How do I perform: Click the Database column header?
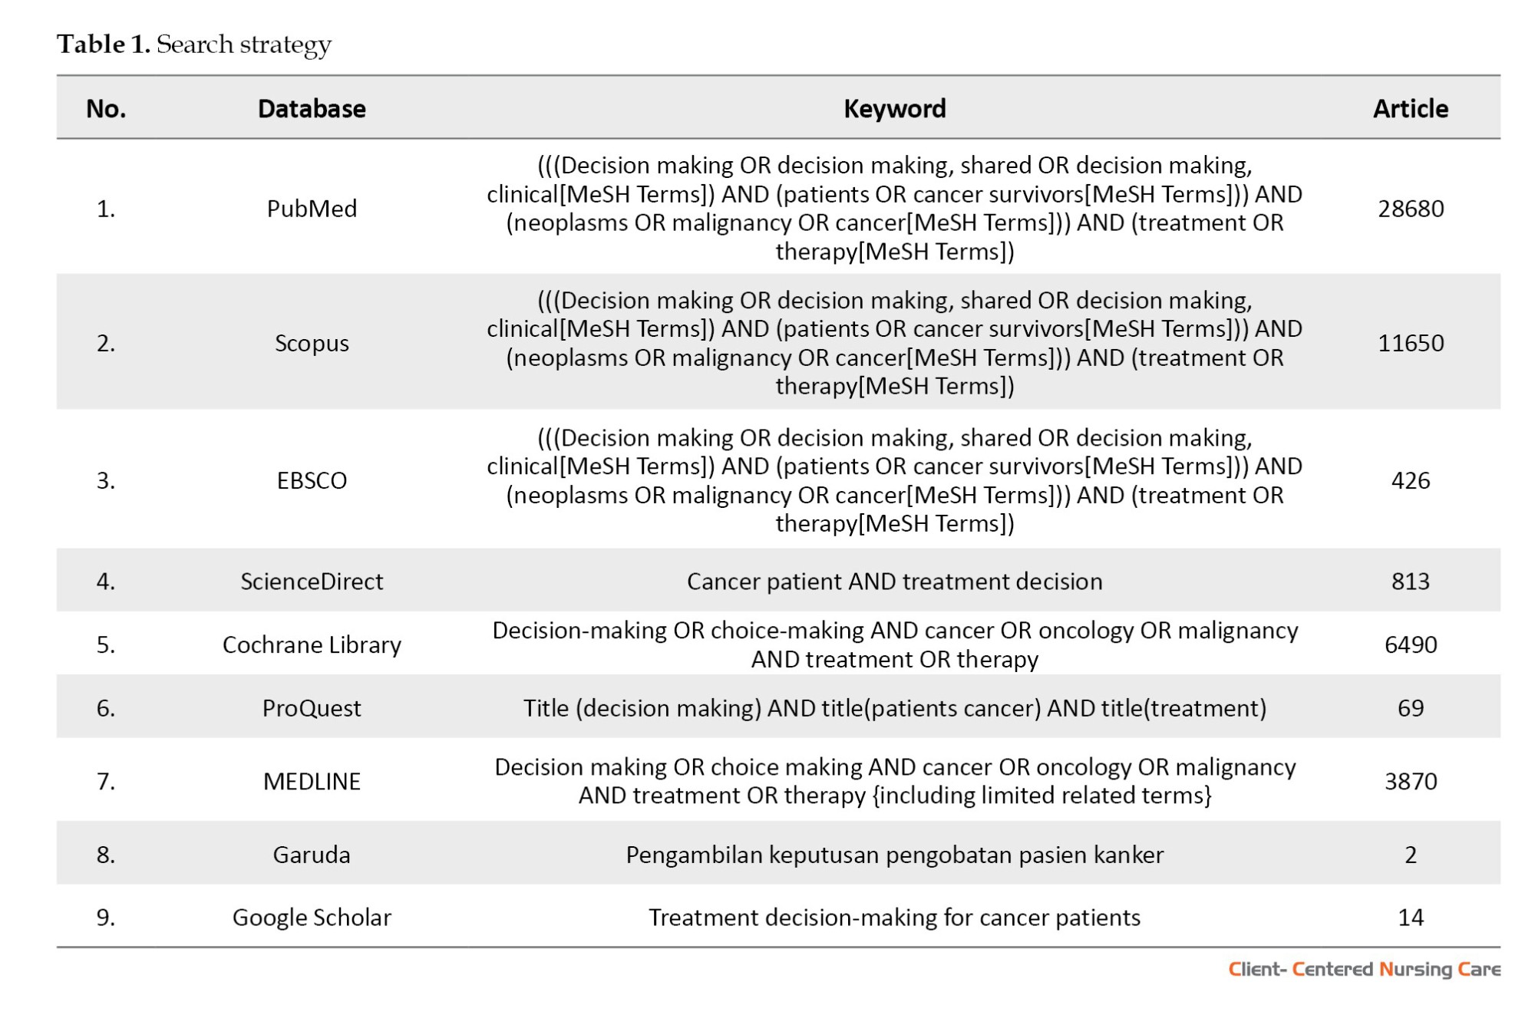tap(312, 109)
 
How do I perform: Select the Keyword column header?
tap(894, 109)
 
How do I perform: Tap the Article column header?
tap(1410, 109)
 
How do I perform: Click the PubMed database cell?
tap(312, 209)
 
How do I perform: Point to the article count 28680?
tap(1410, 209)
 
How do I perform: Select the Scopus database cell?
tap(312, 343)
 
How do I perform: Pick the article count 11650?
tap(1410, 343)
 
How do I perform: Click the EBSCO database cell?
tap(312, 480)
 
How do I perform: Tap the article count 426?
tap(1410, 480)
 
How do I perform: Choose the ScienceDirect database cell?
tap(312, 582)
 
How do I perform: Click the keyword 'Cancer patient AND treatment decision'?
tap(894, 582)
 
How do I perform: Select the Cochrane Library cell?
tap(312, 644)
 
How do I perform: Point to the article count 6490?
tap(1410, 644)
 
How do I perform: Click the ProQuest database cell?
tap(312, 708)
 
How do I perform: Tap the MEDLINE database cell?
tap(312, 781)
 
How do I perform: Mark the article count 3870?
tap(1410, 781)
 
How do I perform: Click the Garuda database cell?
tap(312, 855)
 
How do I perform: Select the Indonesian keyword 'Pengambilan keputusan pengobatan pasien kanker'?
tap(894, 855)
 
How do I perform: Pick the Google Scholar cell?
tap(312, 918)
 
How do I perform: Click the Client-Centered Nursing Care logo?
tap(1364, 970)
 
